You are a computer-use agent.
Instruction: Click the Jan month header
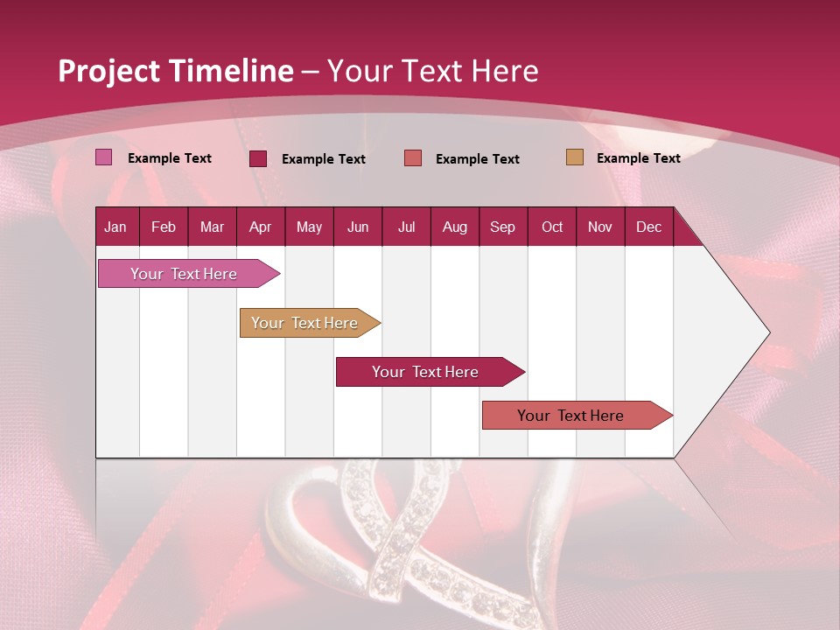point(115,227)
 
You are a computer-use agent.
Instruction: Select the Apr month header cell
point(260,227)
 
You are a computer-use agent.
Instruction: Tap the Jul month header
point(406,227)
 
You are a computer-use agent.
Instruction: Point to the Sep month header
point(502,227)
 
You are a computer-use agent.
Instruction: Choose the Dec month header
point(648,227)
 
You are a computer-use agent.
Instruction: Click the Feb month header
point(164,227)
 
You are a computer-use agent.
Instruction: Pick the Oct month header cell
point(552,227)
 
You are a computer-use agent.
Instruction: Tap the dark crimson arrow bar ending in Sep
point(426,372)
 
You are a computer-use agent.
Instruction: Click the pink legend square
point(104,157)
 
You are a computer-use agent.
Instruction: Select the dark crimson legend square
point(258,158)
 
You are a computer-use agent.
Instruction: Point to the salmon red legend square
point(413,158)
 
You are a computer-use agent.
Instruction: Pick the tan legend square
point(575,157)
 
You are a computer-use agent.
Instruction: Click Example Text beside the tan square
point(638,158)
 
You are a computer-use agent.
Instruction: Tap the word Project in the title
point(109,71)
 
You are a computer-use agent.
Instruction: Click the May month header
point(309,227)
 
